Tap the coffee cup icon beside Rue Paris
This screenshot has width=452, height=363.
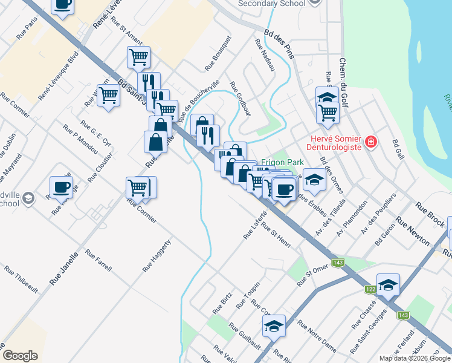click(x=62, y=4)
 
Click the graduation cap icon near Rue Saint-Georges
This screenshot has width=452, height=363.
click(x=388, y=284)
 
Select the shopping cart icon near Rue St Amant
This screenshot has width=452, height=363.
click(x=138, y=57)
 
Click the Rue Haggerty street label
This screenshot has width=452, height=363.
click(x=157, y=255)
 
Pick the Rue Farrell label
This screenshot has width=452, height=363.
click(x=98, y=260)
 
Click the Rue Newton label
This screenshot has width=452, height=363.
click(x=413, y=231)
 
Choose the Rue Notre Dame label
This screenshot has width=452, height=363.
click(x=317, y=336)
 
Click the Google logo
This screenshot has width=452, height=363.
click(x=20, y=356)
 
